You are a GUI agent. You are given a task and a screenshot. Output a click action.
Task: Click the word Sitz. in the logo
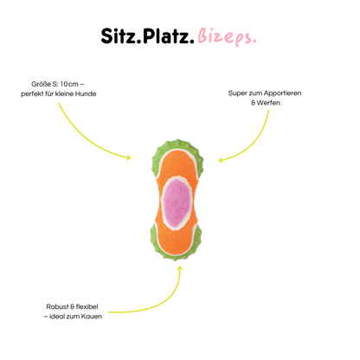[120, 36]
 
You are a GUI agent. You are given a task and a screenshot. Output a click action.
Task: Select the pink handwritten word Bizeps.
[227, 37]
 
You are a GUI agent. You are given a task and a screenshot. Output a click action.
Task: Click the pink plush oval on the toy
[177, 201]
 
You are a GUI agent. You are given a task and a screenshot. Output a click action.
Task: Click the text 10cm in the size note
[69, 84]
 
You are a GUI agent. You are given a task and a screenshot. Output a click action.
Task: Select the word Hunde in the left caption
[86, 93]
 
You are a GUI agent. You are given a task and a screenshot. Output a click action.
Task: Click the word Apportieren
[282, 93]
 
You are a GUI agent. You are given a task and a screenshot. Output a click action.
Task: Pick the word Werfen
[268, 103]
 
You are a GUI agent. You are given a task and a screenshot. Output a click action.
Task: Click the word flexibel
[87, 306]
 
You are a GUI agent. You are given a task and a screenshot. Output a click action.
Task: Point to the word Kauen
[92, 317]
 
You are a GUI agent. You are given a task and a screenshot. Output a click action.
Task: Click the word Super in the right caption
[237, 93]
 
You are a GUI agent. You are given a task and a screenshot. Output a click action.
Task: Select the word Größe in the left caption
[41, 84]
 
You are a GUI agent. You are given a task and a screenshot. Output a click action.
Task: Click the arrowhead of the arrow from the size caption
[129, 157]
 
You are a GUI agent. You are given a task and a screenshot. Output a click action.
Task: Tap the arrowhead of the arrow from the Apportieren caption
[221, 160]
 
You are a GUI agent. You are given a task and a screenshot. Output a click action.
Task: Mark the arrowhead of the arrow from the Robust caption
[180, 268]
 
